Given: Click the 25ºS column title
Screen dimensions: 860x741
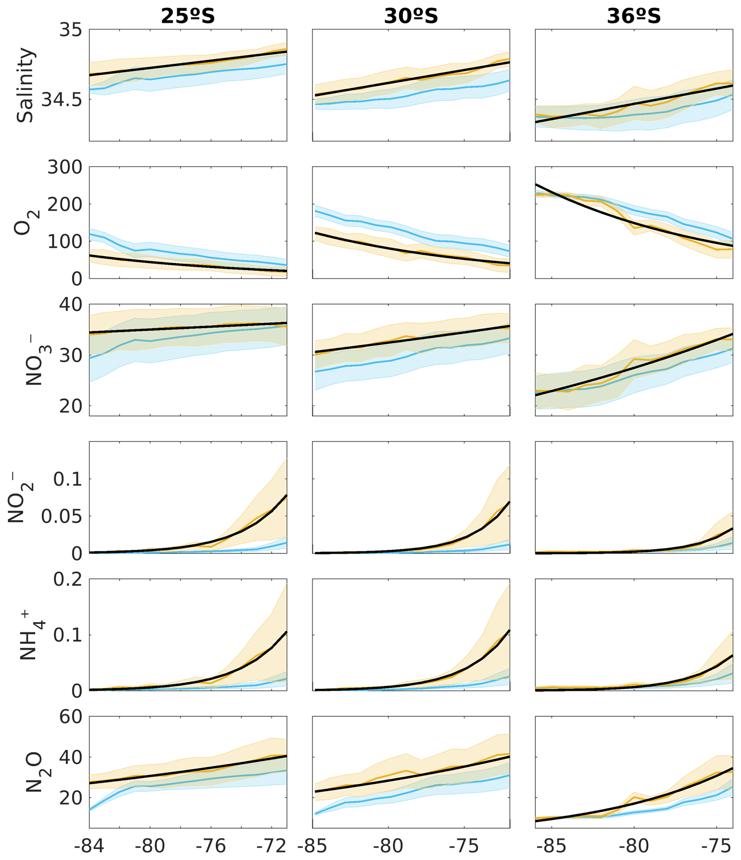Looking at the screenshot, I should point(188,16).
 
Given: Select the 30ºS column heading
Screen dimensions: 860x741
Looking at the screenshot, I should point(411,16).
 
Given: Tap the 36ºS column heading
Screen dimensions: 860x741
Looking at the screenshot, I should point(634,16).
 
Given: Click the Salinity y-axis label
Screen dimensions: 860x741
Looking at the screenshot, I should point(25,85).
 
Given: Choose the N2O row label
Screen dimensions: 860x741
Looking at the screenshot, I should point(36,772).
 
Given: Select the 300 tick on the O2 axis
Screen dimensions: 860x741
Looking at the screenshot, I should point(65,168).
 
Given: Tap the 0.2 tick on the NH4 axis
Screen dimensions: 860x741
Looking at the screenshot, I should point(68,580).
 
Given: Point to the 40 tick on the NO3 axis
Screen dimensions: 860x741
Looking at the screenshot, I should point(70,305).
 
